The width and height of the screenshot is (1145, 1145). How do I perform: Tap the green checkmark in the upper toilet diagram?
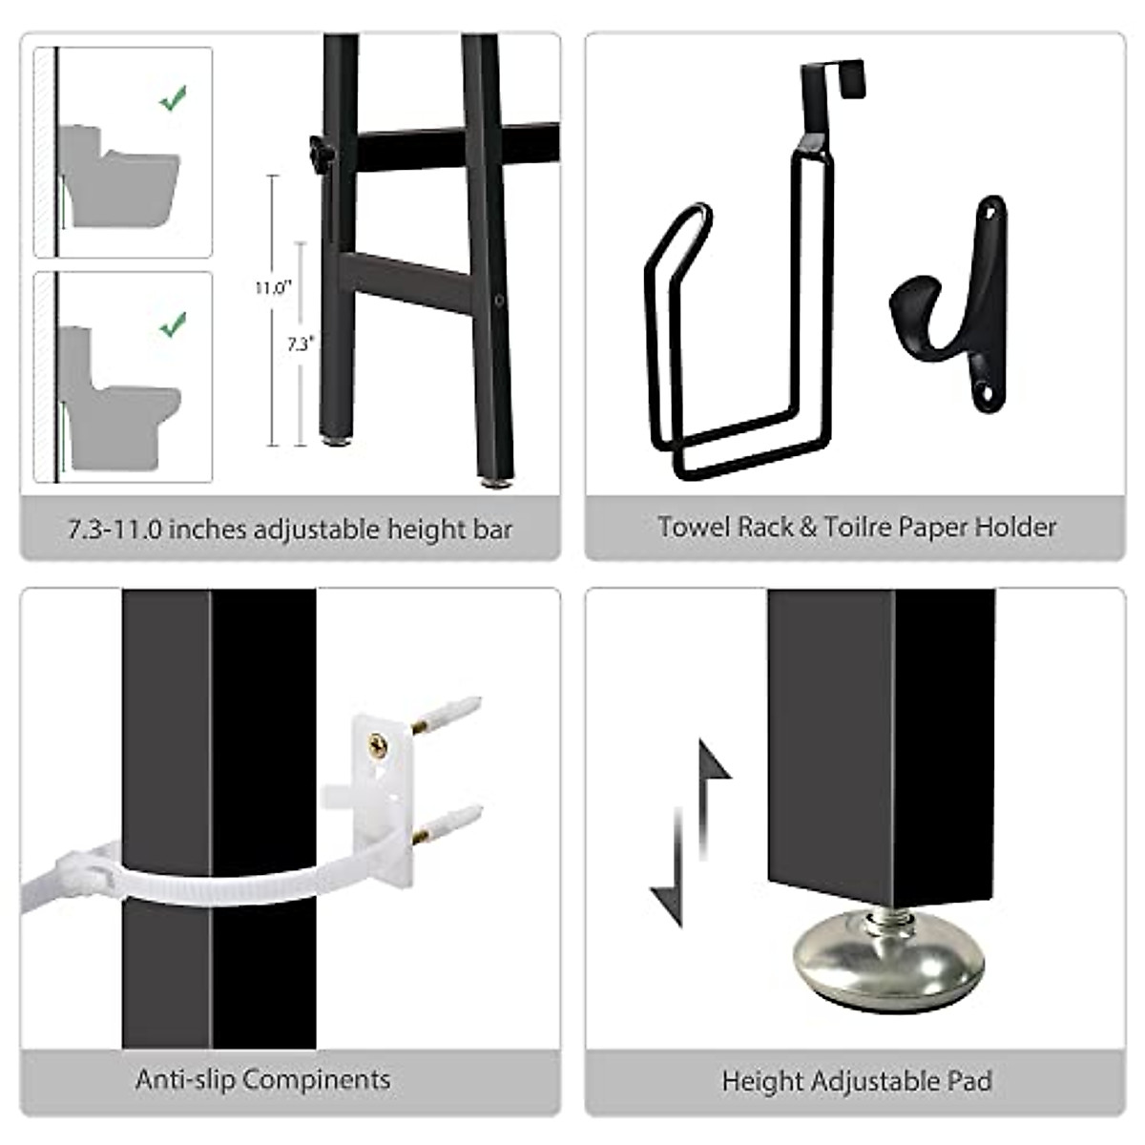coord(173,97)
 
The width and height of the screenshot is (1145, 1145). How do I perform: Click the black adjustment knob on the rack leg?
coord(317,149)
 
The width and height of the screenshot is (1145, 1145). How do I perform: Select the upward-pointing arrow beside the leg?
coord(712,782)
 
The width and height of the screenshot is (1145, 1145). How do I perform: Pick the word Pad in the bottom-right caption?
coord(968,1081)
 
